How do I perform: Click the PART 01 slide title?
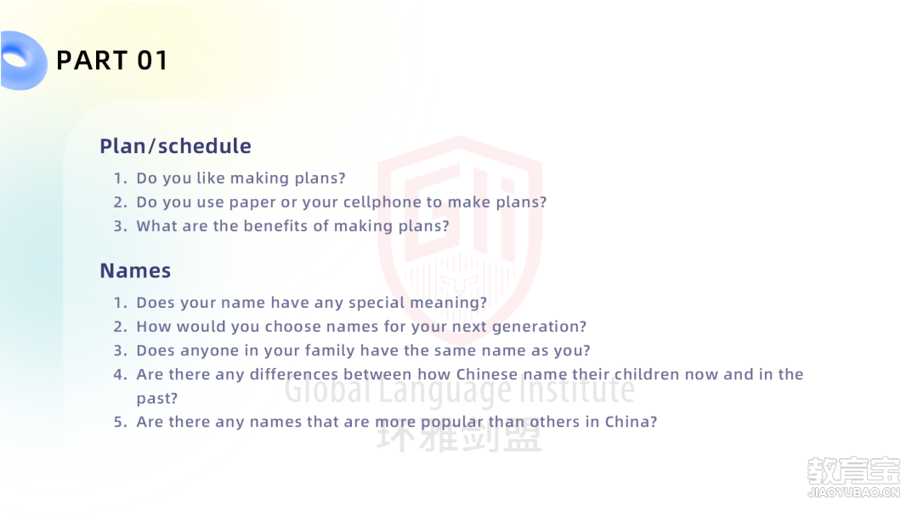112,60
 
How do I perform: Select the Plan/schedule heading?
175,145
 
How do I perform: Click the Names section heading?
135,270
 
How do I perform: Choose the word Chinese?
486,374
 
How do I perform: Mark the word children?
646,374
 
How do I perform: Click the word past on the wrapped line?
156,399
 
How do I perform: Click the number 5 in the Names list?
120,422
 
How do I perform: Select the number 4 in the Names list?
120,375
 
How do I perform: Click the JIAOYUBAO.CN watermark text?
853,491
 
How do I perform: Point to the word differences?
294,374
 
